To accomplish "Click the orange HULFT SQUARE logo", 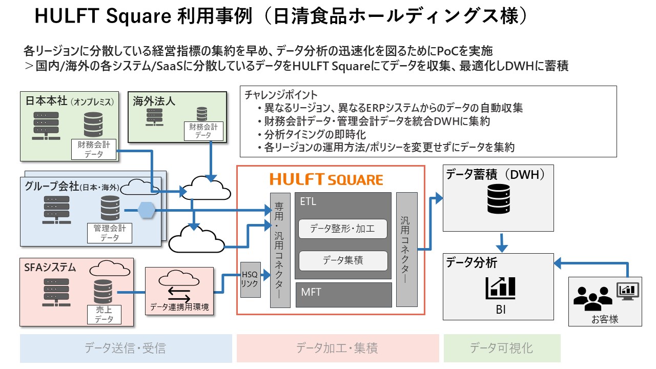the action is pos(326,179).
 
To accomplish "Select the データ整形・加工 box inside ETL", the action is pos(343,229).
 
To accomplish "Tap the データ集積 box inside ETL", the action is pos(343,260).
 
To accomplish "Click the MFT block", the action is pos(343,295).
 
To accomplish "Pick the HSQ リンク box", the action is pos(250,280).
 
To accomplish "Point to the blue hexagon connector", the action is pos(147,210).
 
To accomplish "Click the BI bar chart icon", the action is pos(500,288).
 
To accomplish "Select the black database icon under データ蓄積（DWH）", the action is pos(499,199).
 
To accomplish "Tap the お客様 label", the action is pos(605,319).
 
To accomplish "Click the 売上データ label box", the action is pos(104,315).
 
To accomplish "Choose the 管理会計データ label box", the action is pos(110,233).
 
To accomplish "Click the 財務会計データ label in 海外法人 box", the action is pos(203,131).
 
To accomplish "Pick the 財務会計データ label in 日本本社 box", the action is pos(94,149).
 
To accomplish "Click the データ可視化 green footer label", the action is pos(501,348).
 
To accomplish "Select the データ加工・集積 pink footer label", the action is pos(337,348).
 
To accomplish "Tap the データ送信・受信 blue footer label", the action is pos(126,348).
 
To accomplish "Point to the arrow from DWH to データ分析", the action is pos(502,243).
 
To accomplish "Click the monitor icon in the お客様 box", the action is pos(628,291).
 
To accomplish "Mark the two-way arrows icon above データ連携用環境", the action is pos(179,295).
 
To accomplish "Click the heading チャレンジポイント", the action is pos(281,95).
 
